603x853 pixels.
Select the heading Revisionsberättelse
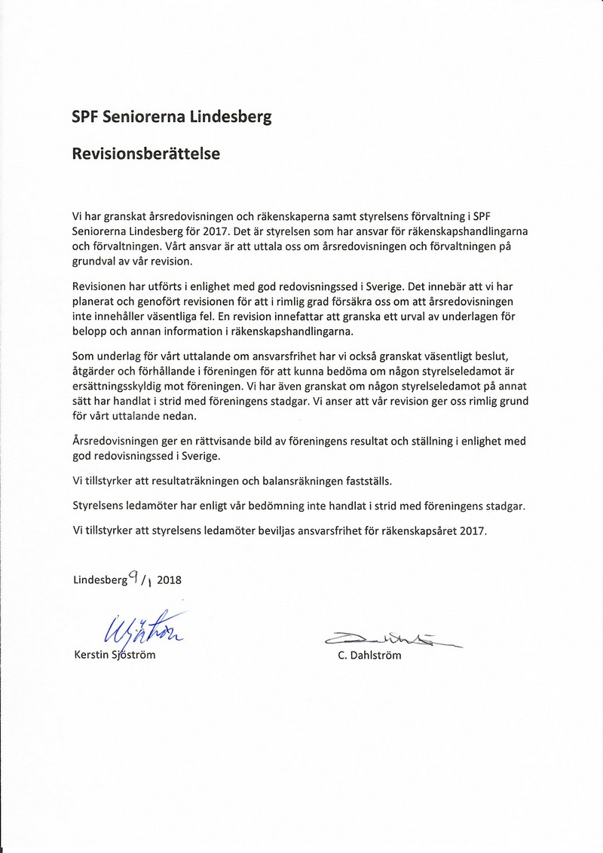(x=145, y=154)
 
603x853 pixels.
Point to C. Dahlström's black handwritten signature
(x=390, y=640)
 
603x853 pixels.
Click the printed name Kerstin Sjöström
(x=115, y=655)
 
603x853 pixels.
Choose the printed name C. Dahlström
(x=370, y=656)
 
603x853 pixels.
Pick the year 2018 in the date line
(x=170, y=580)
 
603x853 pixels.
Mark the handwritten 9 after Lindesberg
(x=132, y=577)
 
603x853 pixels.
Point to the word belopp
(x=90, y=332)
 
